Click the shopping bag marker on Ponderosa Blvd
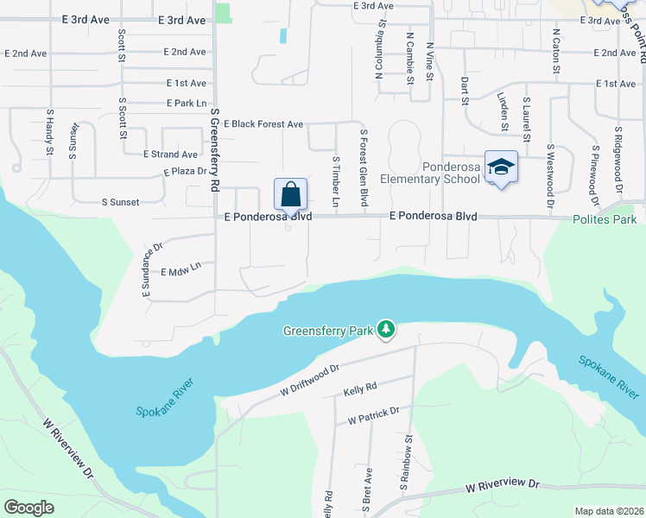291,193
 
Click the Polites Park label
605,220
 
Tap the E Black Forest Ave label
263,124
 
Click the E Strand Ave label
170,155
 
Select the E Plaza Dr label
186,172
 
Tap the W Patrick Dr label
373,416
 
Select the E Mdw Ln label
180,271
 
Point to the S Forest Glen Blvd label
364,168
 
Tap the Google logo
29,508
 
